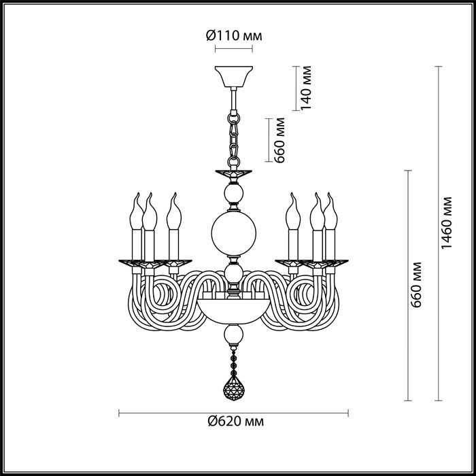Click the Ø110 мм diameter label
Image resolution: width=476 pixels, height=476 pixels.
pos(234,36)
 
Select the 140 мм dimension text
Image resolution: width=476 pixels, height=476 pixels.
pos(306,88)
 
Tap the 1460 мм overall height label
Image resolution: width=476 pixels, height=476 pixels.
pos(446,223)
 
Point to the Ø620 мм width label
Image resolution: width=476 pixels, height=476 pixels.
pos(236,422)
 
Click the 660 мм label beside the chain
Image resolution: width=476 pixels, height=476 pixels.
pos(279,140)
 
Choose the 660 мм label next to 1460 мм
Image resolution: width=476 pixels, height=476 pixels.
pos(415,285)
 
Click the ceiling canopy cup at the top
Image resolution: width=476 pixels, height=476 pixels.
pos(234,76)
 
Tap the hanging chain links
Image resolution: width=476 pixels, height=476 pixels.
pos(234,139)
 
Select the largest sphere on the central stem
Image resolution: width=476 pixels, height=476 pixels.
pos(234,233)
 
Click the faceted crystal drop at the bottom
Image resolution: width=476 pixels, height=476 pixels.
pos(234,388)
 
